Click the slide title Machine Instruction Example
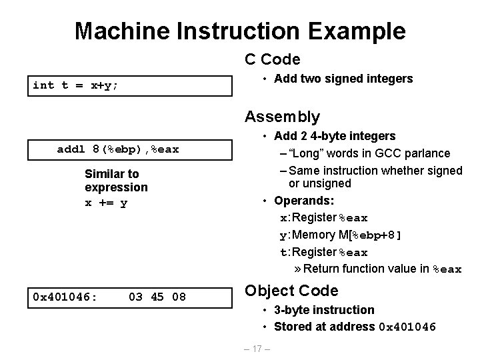[x=240, y=30]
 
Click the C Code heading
[x=272, y=59]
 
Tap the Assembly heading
[x=282, y=117]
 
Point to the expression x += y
[x=106, y=203]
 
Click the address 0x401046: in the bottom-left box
[x=65, y=295]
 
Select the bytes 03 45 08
[x=157, y=295]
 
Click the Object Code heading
[x=291, y=291]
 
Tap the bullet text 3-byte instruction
[x=324, y=310]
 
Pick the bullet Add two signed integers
[x=343, y=79]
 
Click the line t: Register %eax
[x=323, y=252]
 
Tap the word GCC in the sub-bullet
[x=386, y=153]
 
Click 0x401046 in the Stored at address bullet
[x=407, y=327]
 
